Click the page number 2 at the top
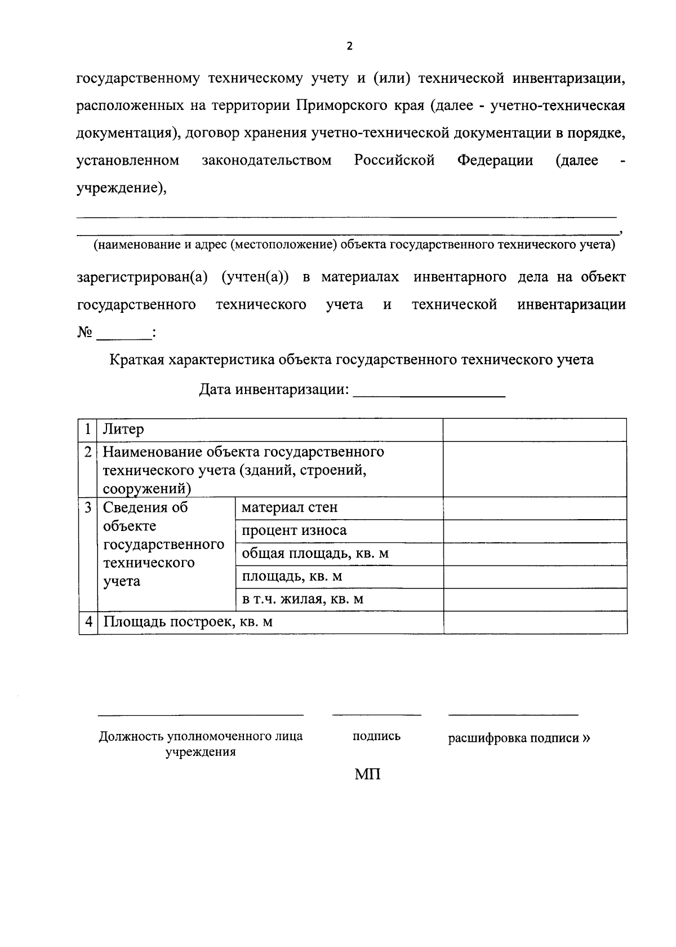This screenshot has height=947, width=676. click(349, 46)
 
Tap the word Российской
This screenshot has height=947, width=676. click(394, 161)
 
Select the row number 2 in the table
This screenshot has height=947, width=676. click(88, 452)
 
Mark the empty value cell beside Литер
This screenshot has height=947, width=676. click(535, 430)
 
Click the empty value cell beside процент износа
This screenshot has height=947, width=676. click(535, 530)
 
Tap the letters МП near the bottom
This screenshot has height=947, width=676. click(367, 775)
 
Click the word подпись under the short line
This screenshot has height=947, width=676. click(376, 736)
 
